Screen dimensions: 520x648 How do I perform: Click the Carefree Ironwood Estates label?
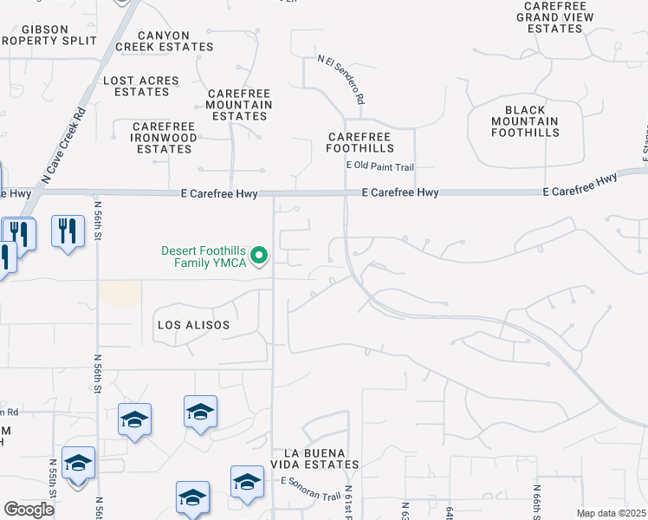(164, 138)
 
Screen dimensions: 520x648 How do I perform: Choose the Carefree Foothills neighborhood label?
(360, 143)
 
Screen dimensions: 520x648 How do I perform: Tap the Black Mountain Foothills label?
(525, 121)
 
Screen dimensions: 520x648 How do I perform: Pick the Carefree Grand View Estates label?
(555, 17)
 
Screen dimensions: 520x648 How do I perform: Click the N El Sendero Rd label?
(340, 80)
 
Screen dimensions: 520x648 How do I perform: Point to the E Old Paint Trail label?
(380, 166)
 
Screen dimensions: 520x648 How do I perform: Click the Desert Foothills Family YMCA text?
(204, 257)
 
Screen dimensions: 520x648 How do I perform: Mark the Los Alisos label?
(193, 325)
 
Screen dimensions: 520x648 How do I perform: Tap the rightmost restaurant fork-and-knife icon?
(68, 231)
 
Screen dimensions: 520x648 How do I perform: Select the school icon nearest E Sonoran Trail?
(247, 482)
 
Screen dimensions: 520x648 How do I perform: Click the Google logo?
(29, 510)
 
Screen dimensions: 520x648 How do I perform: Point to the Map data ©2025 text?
(610, 513)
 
